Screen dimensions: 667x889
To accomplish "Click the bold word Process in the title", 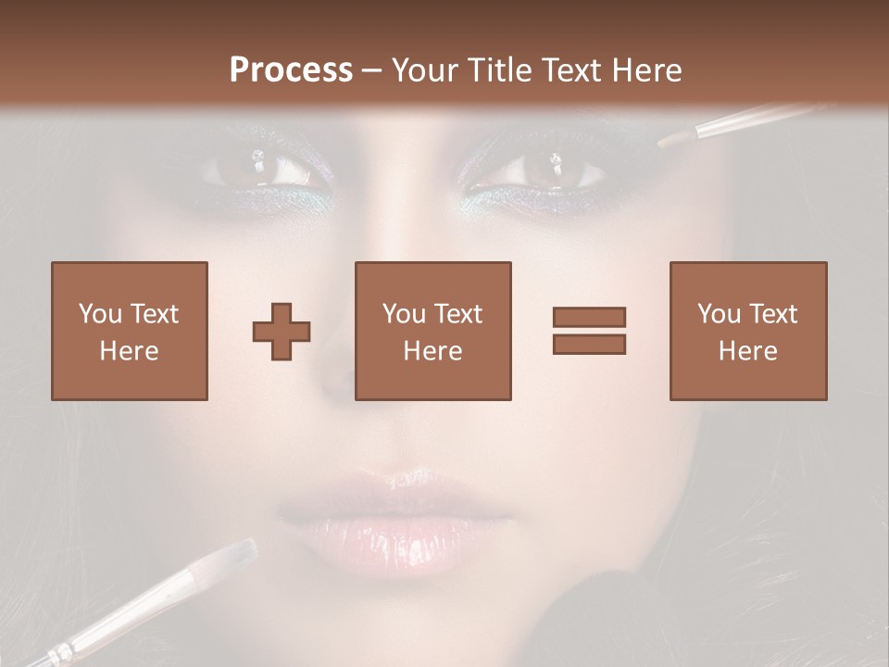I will [x=291, y=70].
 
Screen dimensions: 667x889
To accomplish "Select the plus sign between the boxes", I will [x=282, y=331].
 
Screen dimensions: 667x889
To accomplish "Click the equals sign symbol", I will [x=589, y=331].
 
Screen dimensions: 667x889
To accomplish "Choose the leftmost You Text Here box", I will [x=129, y=331].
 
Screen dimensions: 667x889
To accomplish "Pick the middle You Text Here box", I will [x=432, y=331].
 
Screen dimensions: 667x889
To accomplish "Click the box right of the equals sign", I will [x=747, y=331].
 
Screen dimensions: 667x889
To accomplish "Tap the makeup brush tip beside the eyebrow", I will [x=674, y=139].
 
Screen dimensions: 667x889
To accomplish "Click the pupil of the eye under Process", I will [x=258, y=168].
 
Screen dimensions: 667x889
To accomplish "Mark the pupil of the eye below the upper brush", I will [x=554, y=168].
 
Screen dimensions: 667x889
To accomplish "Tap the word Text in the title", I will [x=567, y=70].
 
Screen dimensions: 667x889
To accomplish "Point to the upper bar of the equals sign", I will [x=589, y=317].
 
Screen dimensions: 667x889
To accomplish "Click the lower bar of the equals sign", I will [x=589, y=345].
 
